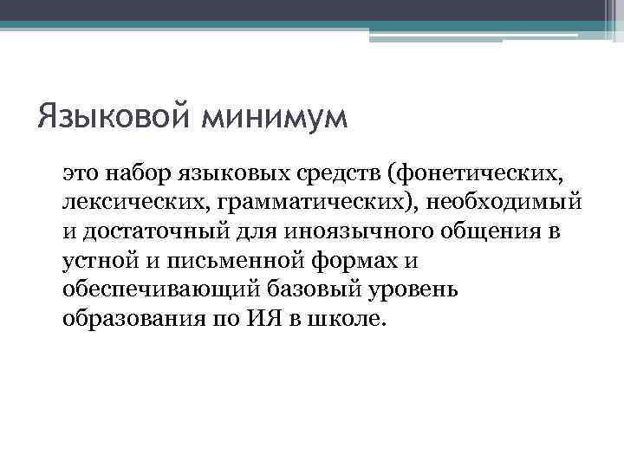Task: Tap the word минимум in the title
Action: (x=275, y=116)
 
